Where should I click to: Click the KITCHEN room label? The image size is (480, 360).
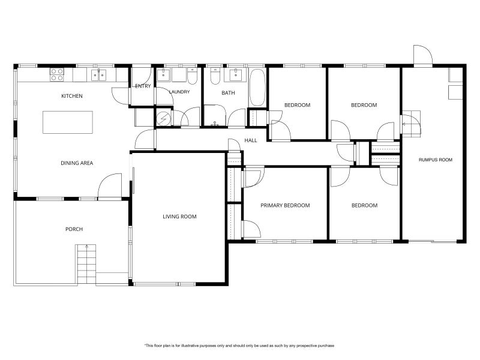click(x=72, y=96)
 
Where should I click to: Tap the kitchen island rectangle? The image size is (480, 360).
click(x=68, y=122)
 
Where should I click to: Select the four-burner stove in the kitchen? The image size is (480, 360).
click(x=57, y=74)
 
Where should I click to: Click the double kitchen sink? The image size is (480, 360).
click(x=98, y=75)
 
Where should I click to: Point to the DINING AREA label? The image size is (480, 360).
click(x=77, y=163)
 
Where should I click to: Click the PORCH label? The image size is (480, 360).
click(x=74, y=229)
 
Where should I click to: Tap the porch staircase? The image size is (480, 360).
click(x=86, y=265)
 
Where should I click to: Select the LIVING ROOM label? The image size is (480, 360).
click(x=179, y=217)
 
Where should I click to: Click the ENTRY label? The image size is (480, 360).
click(x=143, y=86)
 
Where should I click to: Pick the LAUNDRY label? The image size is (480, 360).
click(x=179, y=92)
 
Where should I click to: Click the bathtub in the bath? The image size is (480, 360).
click(x=257, y=88)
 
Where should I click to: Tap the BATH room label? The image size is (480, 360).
click(x=229, y=93)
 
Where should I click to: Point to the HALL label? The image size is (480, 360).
click(x=251, y=140)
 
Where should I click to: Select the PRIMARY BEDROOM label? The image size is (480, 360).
click(x=285, y=205)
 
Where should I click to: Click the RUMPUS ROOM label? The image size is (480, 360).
click(x=436, y=160)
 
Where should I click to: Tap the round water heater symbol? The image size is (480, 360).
click(x=163, y=118)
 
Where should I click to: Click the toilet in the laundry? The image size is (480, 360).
click(x=193, y=77)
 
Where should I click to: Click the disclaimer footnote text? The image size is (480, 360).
click(x=239, y=346)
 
